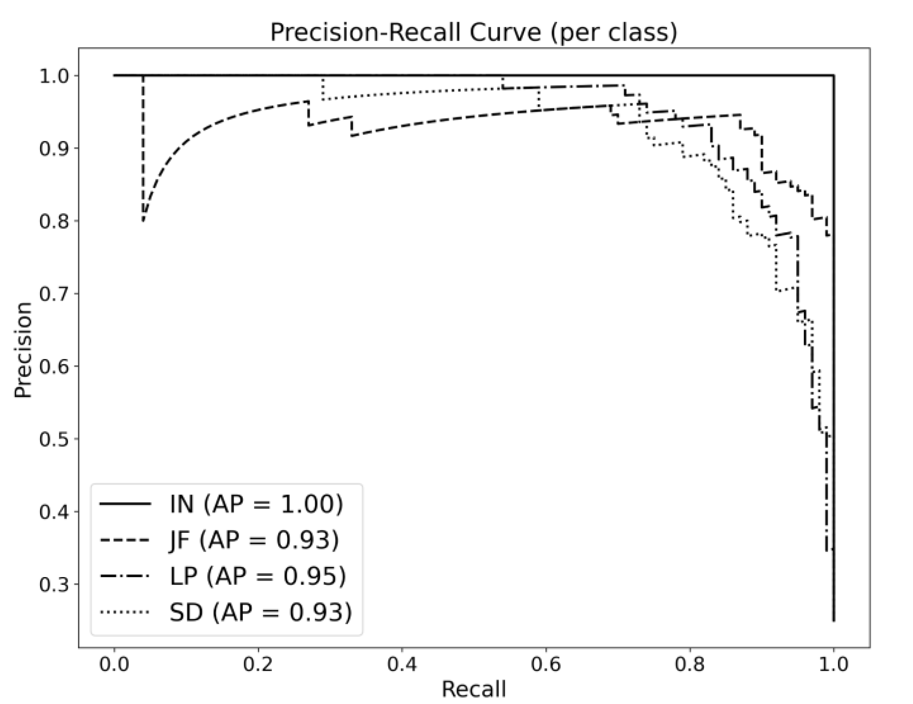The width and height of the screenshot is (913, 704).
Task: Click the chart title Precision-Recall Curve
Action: [473, 32]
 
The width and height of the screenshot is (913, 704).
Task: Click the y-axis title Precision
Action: [23, 350]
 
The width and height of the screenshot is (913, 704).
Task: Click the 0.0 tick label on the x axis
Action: [114, 664]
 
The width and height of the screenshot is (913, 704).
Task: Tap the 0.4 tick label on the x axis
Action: [402, 664]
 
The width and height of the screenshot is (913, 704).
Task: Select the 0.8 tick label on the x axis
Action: [690, 664]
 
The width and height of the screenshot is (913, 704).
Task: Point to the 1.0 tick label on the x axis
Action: [833, 664]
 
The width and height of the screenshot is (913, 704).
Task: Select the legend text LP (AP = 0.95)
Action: [258, 576]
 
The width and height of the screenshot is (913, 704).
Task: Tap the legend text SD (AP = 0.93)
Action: [260, 612]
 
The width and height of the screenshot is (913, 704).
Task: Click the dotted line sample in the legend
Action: [125, 612]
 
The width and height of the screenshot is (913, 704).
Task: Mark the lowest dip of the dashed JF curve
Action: [143, 220]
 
